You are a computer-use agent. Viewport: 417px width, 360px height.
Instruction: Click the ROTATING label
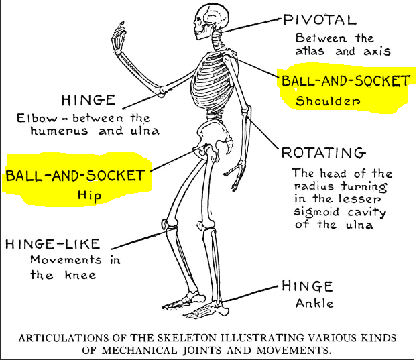point(322,153)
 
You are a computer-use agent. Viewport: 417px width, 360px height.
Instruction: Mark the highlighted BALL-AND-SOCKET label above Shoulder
point(345,82)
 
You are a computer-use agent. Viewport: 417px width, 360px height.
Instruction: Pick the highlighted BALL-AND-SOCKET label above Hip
point(75,176)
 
